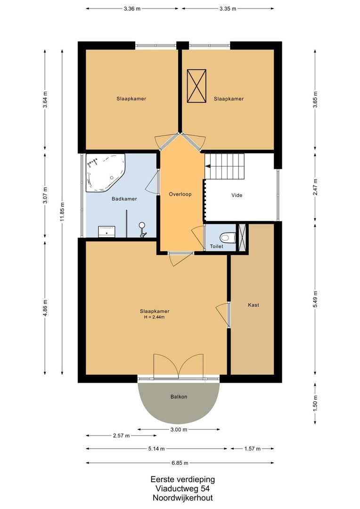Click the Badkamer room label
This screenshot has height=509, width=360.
(x=124, y=199)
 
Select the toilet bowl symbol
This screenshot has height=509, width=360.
(x=228, y=237)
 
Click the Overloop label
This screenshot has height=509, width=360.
(x=180, y=194)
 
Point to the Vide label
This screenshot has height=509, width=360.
(x=237, y=195)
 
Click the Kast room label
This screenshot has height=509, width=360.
(x=254, y=305)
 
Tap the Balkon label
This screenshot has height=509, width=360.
(x=179, y=396)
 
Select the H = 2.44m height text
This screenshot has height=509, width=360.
(x=155, y=317)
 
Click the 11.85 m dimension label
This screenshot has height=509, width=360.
(x=62, y=212)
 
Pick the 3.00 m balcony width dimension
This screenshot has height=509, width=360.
(x=179, y=429)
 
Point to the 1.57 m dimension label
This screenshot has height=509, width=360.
(x=252, y=449)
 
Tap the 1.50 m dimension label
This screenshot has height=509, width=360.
(x=315, y=403)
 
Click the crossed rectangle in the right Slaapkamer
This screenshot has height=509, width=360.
(x=196, y=86)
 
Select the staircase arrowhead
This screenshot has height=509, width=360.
(x=208, y=166)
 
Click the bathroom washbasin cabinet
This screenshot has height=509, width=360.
(x=107, y=231)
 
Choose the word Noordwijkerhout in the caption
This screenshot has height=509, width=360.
(x=183, y=498)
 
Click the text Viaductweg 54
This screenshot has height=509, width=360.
(x=183, y=489)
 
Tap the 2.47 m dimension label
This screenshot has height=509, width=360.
(x=315, y=187)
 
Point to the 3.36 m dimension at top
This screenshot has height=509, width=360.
(x=132, y=9)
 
